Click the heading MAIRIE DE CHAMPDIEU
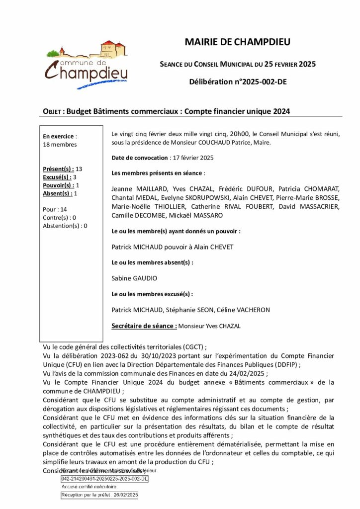coord(237,42)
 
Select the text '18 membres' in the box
coord(60,145)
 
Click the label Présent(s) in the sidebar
coord(59,169)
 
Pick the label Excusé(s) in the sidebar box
coord(57,177)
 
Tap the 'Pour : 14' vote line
coord(55,209)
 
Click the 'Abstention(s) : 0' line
coord(65,226)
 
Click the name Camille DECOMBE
coord(135,216)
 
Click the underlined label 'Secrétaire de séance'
coord(144,326)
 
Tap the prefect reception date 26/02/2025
coord(124,496)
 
